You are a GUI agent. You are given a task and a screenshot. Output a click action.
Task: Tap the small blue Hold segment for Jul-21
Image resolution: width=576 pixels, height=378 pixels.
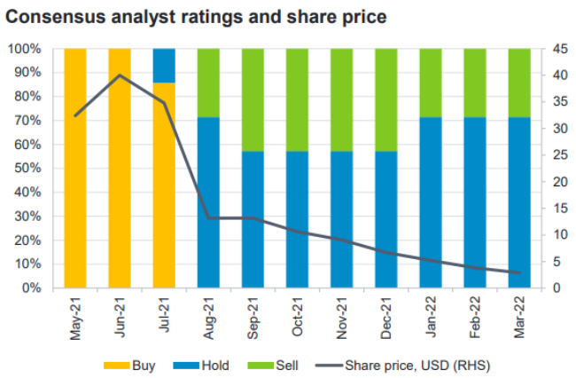click(164, 65)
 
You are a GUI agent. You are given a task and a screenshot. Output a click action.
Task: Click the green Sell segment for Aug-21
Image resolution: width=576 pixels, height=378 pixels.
click(208, 82)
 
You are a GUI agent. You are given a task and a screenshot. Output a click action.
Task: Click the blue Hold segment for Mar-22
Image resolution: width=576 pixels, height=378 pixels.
click(519, 202)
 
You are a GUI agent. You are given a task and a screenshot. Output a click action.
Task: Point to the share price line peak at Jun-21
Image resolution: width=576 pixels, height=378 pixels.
click(120, 75)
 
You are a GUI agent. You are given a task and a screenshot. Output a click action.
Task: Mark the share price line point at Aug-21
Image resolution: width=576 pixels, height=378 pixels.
click(208, 217)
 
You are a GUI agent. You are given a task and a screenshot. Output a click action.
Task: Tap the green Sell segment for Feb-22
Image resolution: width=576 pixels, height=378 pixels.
click(475, 82)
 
